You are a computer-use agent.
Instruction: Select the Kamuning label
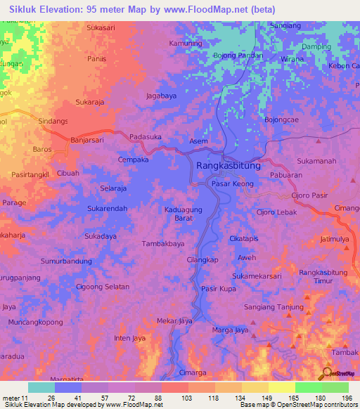[186, 44]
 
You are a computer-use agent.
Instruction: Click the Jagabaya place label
[161, 94]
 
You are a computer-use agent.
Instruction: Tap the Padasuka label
[146, 138]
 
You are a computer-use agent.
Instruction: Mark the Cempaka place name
[133, 160]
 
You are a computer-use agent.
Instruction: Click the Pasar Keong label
[232, 183]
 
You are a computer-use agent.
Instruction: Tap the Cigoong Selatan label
[103, 287]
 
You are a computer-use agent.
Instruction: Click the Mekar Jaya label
[174, 321]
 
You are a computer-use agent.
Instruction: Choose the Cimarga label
[194, 372]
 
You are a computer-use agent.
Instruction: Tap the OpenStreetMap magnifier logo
[327, 372]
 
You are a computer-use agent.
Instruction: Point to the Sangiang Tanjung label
[274, 307]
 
